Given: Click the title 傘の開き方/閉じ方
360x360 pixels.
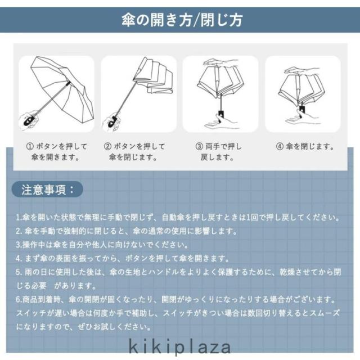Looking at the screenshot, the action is point(182,20).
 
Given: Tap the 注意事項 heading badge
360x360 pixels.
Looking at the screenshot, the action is point(47,190).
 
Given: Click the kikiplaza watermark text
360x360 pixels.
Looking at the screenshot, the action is point(180,348).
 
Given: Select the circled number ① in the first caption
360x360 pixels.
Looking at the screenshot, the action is point(30,146).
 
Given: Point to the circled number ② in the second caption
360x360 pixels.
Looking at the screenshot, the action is point(107,146).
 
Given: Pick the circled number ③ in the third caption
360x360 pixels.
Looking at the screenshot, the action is point(199,146).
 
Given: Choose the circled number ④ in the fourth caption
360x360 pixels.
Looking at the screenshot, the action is point(280,146).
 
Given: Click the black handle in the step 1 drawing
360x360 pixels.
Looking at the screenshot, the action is point(29,120).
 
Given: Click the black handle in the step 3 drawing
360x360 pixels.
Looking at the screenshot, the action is point(221,114).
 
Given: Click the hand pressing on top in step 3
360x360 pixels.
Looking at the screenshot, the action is point(221,62).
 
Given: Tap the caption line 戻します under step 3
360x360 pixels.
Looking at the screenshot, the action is point(218,157).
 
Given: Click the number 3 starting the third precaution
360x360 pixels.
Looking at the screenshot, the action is point(19,245).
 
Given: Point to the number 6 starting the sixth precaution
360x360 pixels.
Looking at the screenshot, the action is point(19,300).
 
